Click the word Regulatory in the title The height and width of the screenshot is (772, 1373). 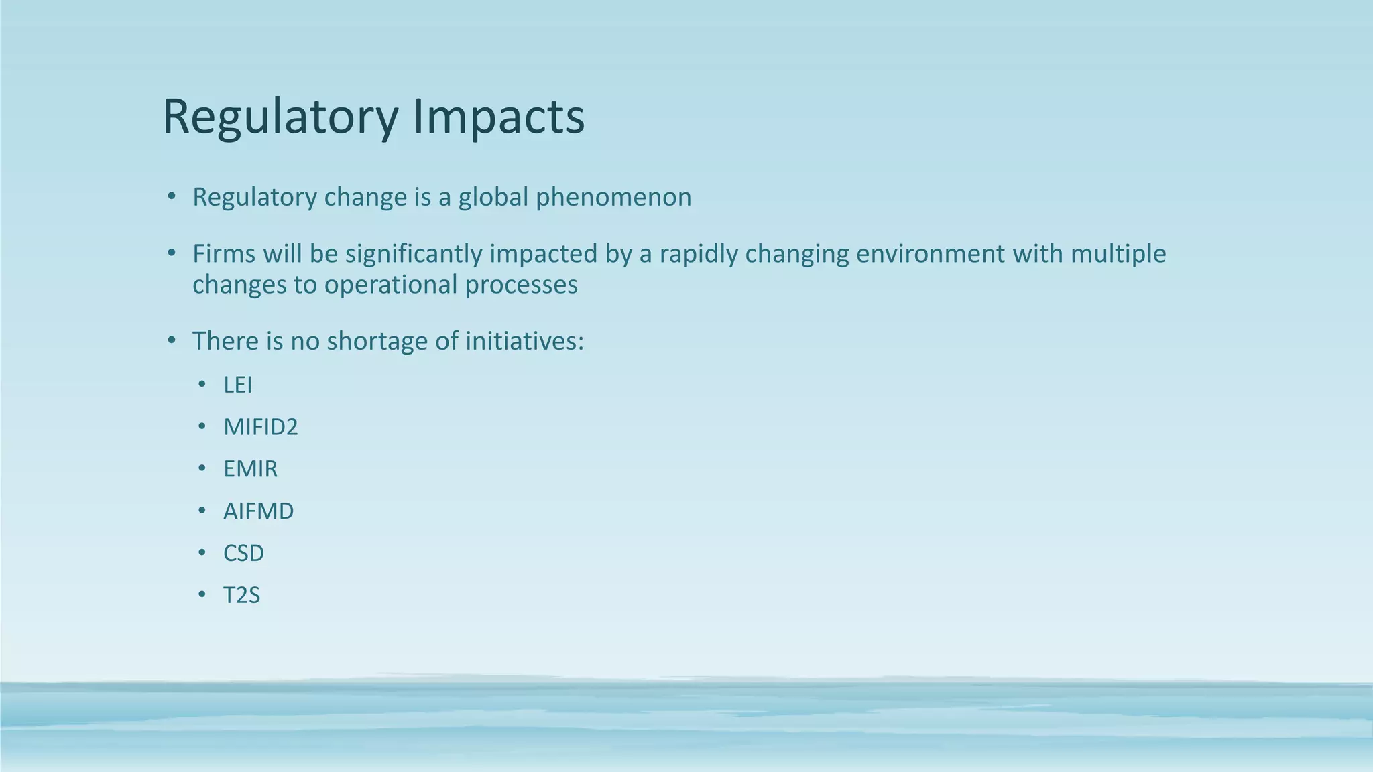tap(280, 117)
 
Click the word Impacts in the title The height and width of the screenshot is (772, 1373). tap(498, 117)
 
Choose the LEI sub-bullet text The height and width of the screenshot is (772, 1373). tap(238, 385)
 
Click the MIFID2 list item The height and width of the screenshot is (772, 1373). tap(260, 427)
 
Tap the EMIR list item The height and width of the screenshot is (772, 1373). tap(250, 469)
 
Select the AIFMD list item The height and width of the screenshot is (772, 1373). tap(258, 511)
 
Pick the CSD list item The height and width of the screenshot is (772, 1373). tap(243, 554)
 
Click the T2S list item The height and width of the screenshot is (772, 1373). tap(241, 595)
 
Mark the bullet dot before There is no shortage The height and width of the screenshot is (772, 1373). tap(172, 341)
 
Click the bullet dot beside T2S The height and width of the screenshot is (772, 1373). tap(202, 595)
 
